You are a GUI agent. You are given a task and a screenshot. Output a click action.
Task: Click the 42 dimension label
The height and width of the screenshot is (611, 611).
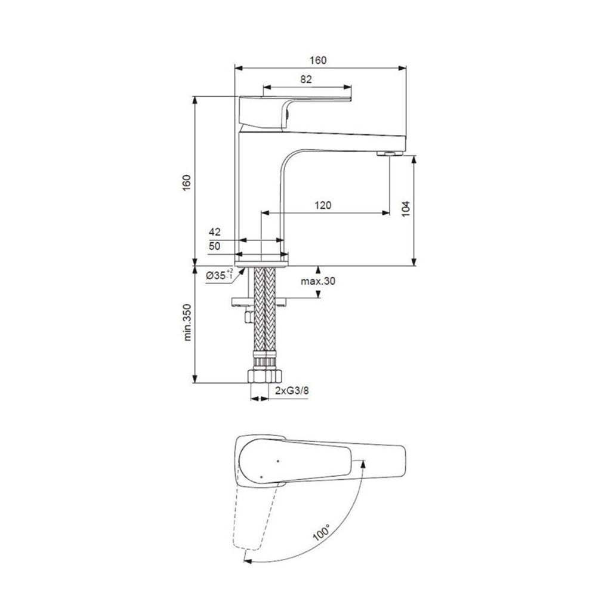215,232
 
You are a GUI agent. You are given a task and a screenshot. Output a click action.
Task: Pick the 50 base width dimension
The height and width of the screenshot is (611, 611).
215,246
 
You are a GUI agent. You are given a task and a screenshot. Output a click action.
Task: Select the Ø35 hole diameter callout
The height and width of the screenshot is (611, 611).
220,274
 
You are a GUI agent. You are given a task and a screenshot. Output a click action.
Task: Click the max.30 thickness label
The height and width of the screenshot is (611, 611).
318,281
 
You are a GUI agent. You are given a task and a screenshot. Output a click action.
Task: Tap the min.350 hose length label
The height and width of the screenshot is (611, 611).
188,323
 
